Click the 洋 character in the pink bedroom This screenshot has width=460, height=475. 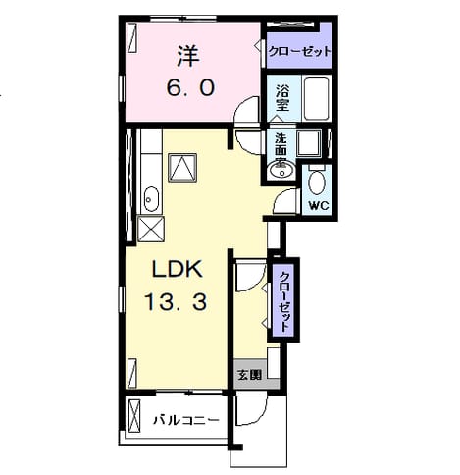188,57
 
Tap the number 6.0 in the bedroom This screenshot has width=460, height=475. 190,87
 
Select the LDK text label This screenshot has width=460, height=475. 177,269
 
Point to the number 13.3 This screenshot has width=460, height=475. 176,301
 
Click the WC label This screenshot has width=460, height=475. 319,205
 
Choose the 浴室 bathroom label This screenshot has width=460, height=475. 282,97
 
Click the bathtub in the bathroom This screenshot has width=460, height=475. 316,97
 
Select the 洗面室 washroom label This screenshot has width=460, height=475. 281,149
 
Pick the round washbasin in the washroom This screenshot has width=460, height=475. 281,170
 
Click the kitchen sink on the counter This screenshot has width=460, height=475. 151,199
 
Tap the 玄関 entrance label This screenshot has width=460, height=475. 250,375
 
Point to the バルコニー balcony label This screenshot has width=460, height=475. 185,420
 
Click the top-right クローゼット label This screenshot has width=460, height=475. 299,51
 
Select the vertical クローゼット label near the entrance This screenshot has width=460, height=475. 284,301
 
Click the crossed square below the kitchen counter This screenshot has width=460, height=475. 150,229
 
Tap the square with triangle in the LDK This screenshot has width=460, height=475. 182,168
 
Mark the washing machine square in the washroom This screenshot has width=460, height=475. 309,143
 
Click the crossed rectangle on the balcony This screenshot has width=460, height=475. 134,415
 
